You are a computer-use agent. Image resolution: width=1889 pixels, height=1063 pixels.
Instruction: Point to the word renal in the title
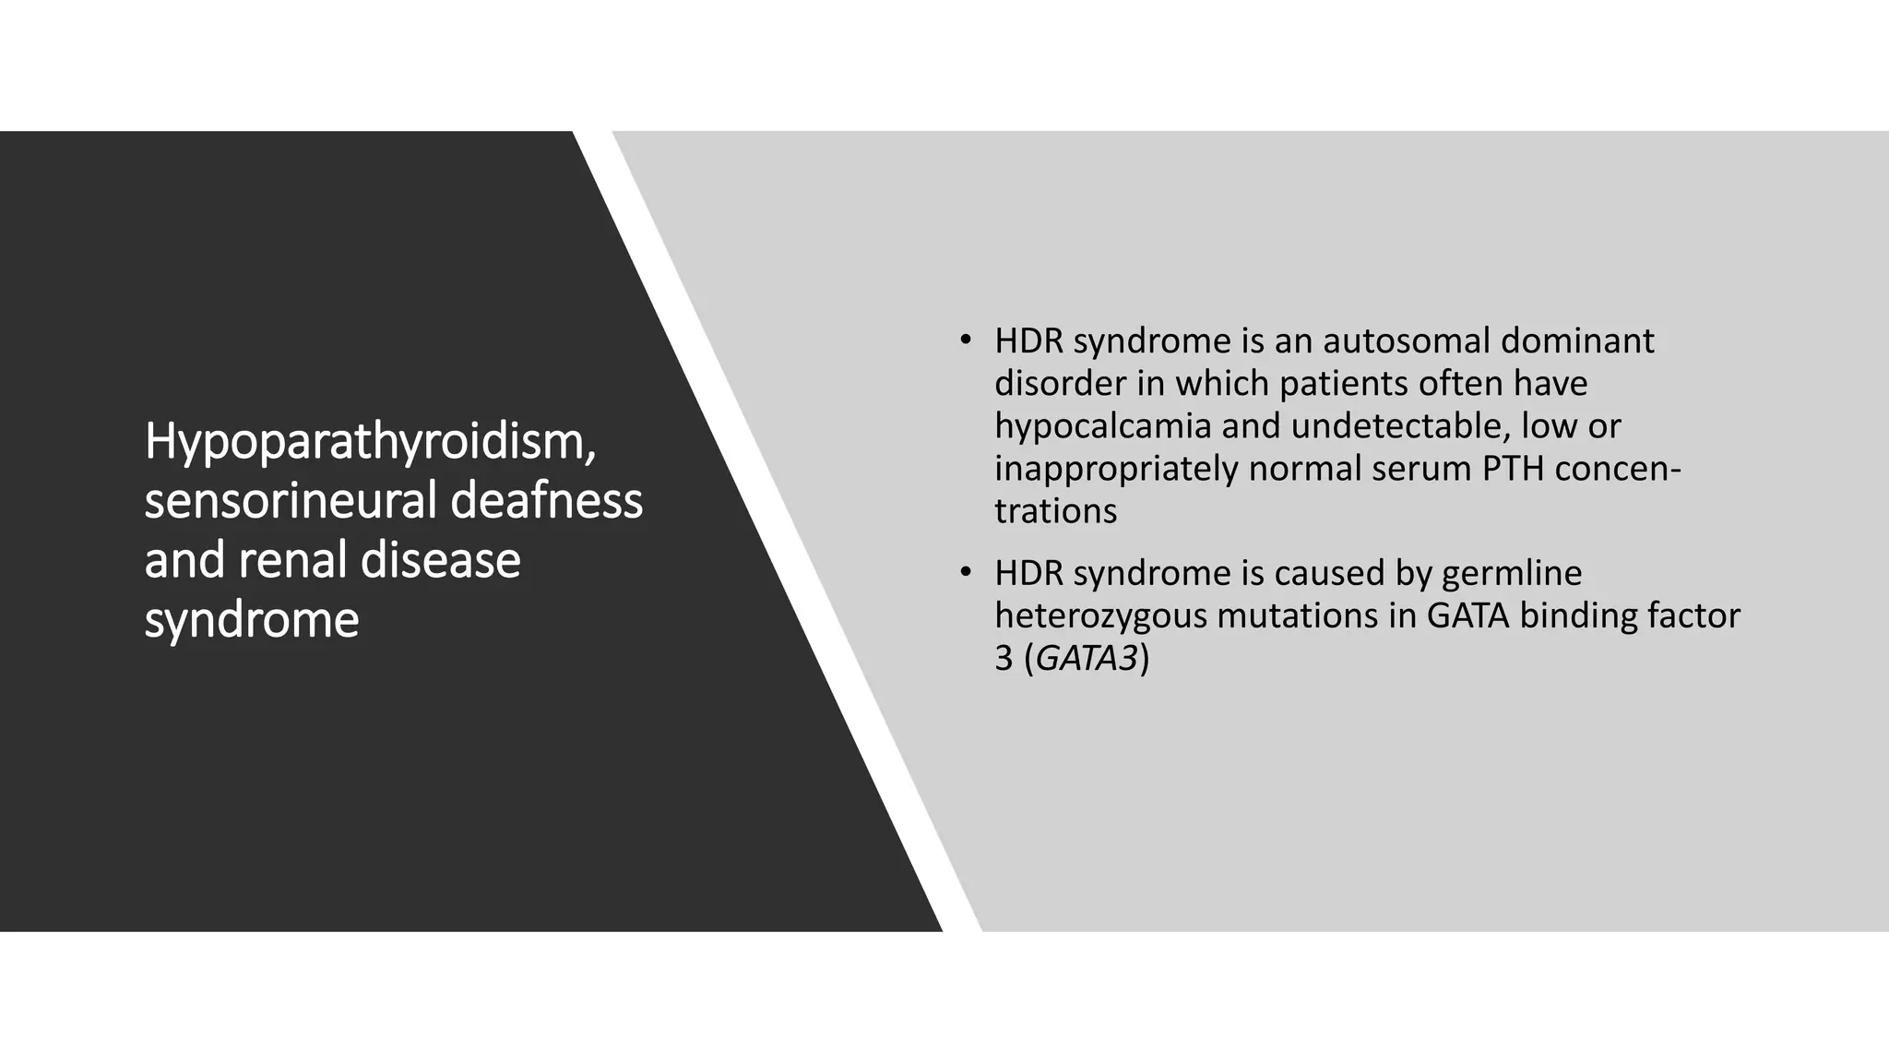click(292, 560)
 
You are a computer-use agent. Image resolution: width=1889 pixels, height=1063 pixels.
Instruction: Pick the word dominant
click(1576, 341)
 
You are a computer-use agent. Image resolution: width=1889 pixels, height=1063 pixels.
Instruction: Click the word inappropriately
click(1116, 469)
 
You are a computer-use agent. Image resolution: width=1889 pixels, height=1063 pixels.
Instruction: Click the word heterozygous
click(1100, 616)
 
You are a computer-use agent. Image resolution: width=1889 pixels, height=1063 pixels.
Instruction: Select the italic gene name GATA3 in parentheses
click(1087, 659)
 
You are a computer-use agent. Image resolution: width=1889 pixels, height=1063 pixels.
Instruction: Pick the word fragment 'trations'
click(1055, 511)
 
